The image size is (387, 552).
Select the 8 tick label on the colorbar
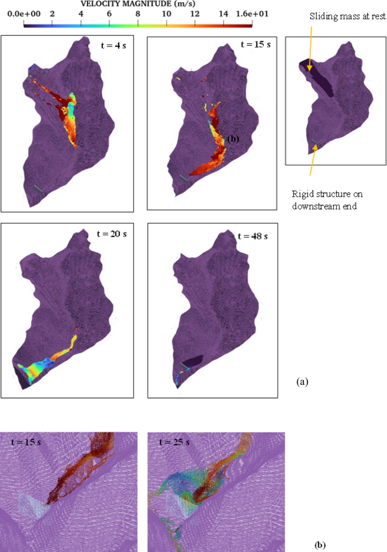pyautogui.click(x=138, y=12)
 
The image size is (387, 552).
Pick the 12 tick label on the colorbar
pyautogui.click(x=195, y=12)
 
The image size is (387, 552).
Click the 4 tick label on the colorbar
pyautogui.click(x=81, y=12)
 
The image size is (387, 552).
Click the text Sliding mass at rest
pyautogui.click(x=347, y=17)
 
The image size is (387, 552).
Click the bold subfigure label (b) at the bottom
pyautogui.click(x=320, y=545)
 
